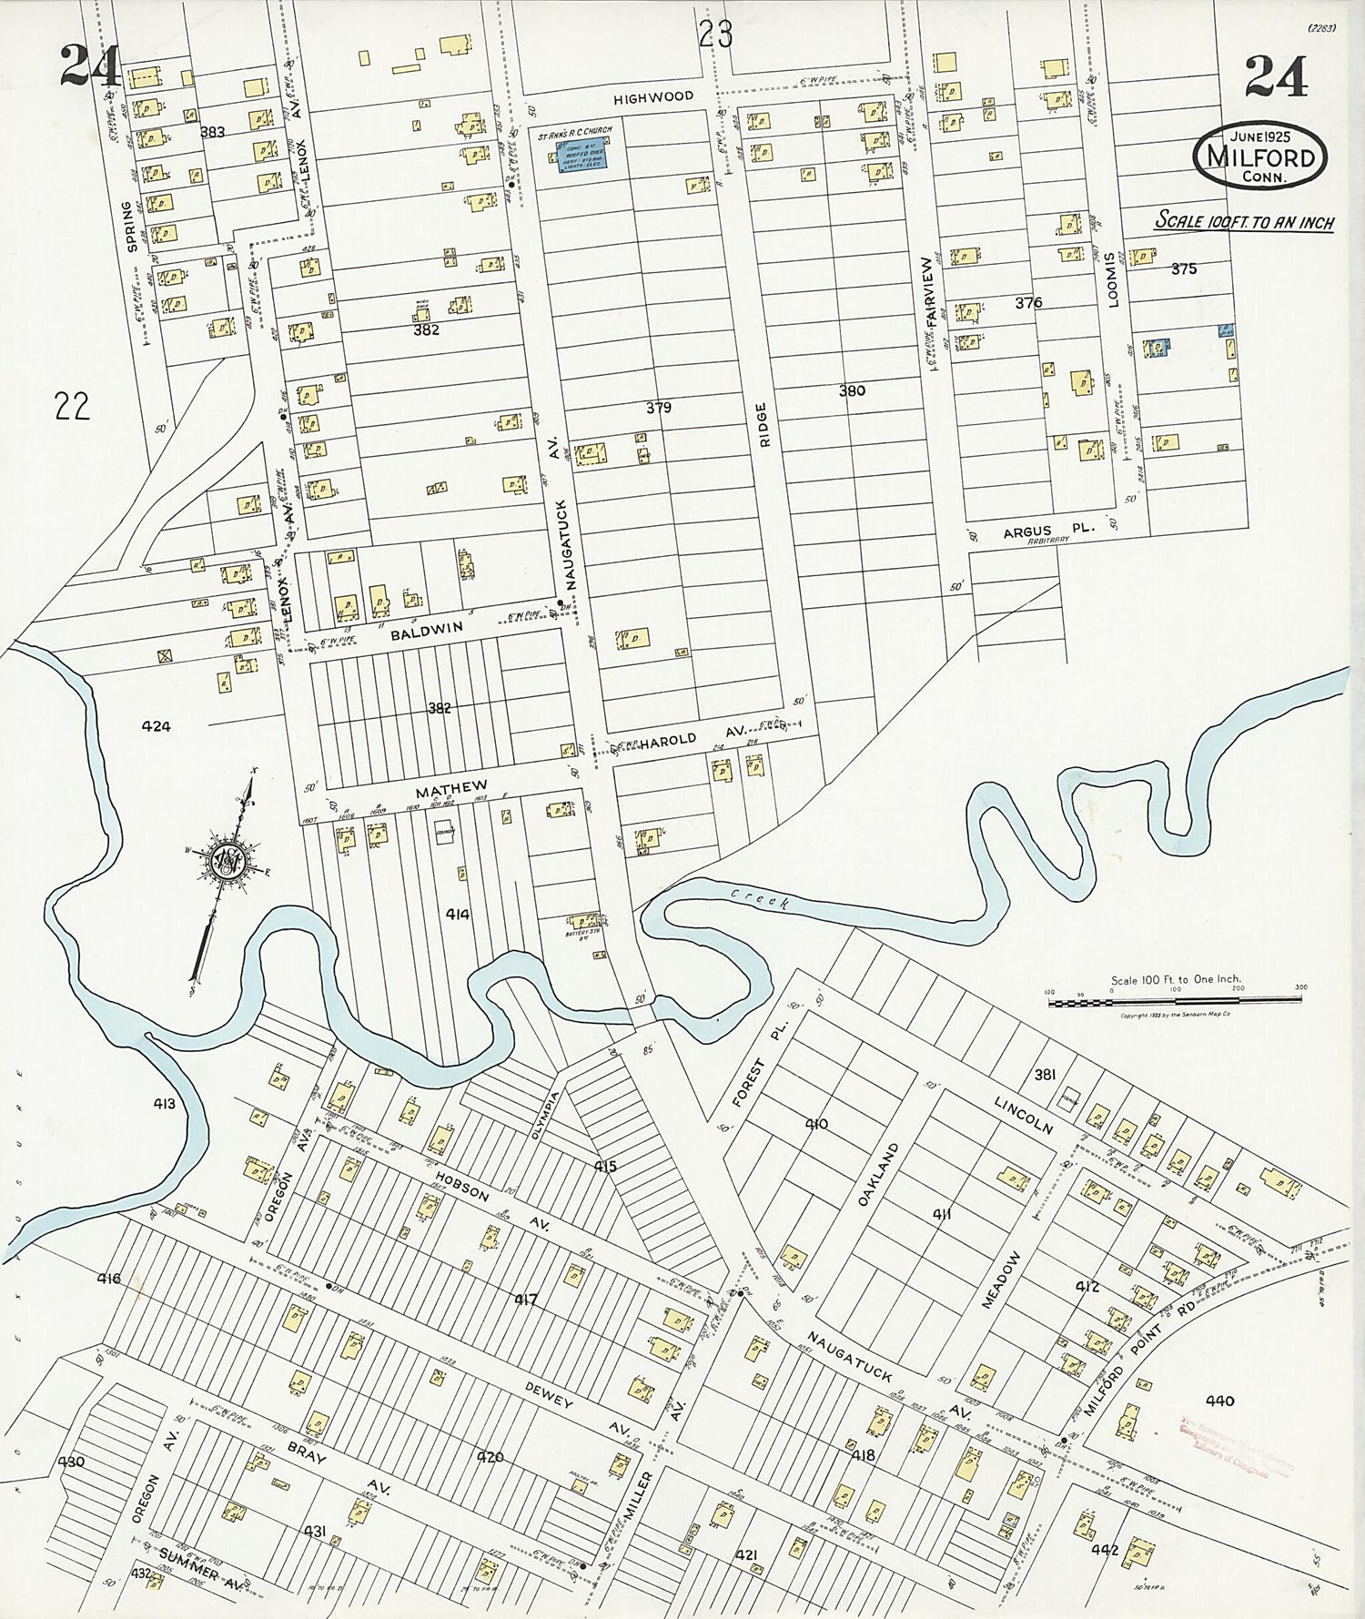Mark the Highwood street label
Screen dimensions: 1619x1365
(652, 96)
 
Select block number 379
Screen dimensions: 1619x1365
(658, 408)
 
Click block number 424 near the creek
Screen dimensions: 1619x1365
(156, 726)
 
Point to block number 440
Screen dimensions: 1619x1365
(1218, 1401)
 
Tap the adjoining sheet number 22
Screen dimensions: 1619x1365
(72, 406)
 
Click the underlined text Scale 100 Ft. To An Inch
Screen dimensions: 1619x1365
(1243, 221)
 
